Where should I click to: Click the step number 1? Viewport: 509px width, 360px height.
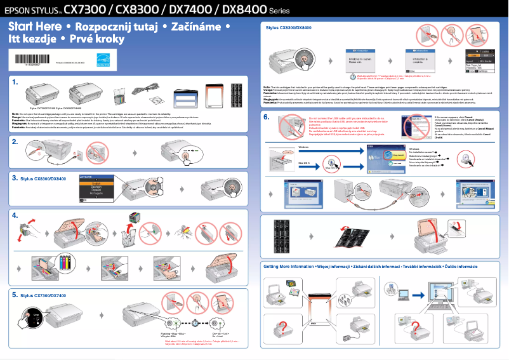(x=15, y=82)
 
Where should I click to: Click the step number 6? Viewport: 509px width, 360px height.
(x=267, y=117)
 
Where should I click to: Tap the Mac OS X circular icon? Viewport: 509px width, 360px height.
(x=329, y=166)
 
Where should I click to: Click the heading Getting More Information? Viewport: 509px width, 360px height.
(x=289, y=267)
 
